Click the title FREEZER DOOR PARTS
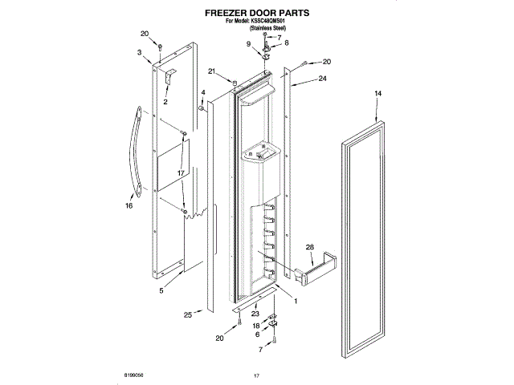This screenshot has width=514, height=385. [x=256, y=14]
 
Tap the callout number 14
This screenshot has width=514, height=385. [x=377, y=95]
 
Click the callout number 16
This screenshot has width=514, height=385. [x=128, y=205]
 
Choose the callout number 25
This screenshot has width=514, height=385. [x=187, y=314]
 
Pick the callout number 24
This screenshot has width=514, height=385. [x=322, y=79]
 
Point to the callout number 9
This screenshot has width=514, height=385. [x=249, y=43]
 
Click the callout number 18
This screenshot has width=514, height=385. [x=257, y=326]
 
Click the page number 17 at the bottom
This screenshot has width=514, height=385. [x=257, y=375]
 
